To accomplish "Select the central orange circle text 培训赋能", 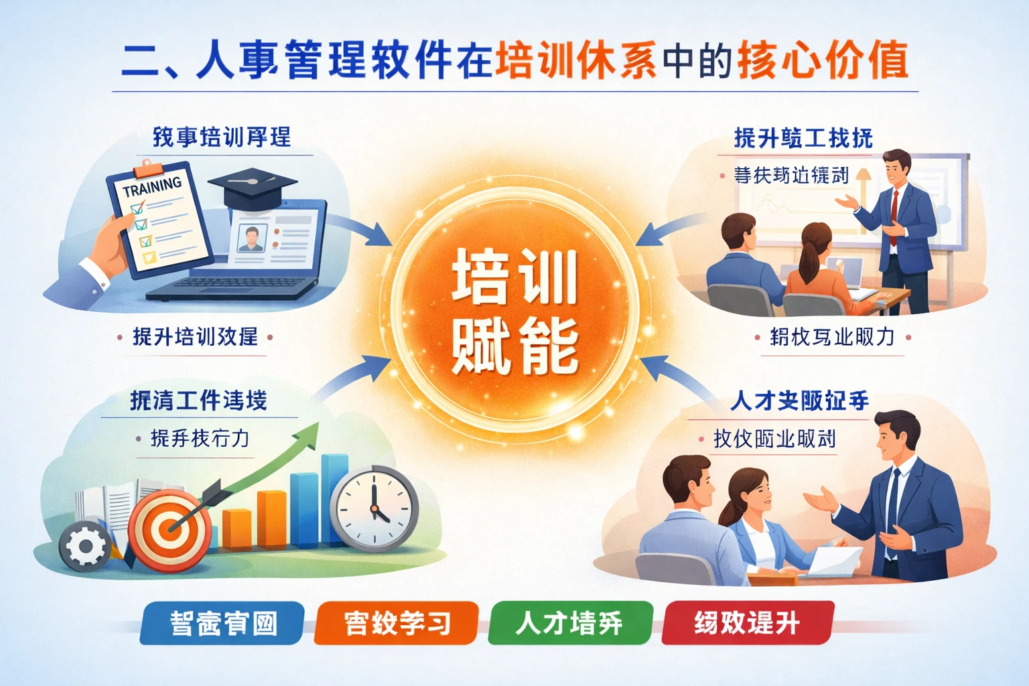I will pyautogui.click(x=514, y=311).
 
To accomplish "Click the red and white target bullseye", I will pyautogui.click(x=169, y=529).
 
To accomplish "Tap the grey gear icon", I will pyautogui.click(x=85, y=546).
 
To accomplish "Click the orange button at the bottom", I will pyautogui.click(x=397, y=623).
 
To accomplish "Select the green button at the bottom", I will pyautogui.click(x=570, y=623).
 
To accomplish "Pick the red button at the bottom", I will pyautogui.click(x=748, y=623).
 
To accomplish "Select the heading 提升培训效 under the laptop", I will pyautogui.click(x=195, y=336).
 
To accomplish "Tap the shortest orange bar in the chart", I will pyautogui.click(x=237, y=529).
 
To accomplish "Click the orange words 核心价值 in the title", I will pyautogui.click(x=822, y=60).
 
